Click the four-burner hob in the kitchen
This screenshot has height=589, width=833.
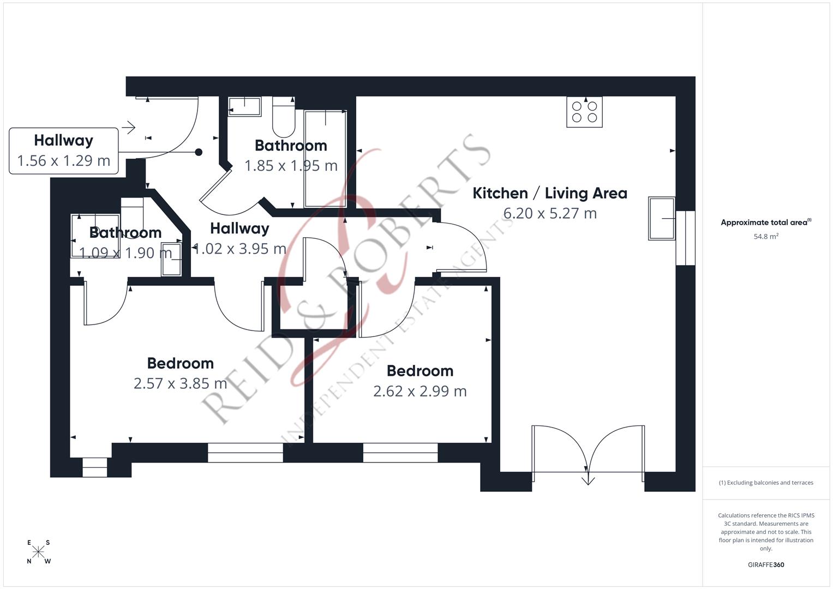tap(584, 112)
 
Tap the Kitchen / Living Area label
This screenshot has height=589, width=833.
tap(550, 194)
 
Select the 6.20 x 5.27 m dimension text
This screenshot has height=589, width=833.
tap(550, 213)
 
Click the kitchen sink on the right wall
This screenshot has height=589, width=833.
tap(662, 218)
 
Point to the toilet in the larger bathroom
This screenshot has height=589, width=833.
tap(284, 117)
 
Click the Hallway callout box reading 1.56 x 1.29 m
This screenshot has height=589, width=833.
tap(64, 151)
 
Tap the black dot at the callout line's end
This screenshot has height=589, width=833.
tap(199, 152)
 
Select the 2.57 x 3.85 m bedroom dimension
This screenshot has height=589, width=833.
tap(181, 383)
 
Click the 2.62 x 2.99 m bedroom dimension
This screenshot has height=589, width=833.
tap(420, 391)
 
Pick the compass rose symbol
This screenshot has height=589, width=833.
tap(38, 551)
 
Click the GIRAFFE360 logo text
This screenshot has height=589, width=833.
tap(766, 564)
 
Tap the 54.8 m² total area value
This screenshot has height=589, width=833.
tap(766, 236)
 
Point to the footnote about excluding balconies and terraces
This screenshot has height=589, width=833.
tap(766, 483)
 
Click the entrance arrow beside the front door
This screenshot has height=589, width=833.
tap(129, 128)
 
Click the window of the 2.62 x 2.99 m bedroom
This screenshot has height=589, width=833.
tap(400, 453)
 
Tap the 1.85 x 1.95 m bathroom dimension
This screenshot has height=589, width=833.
tap(291, 166)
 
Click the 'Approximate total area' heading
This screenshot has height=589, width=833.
tap(766, 223)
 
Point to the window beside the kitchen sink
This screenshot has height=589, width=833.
tap(685, 238)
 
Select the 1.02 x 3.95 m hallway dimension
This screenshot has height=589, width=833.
tap(240, 249)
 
